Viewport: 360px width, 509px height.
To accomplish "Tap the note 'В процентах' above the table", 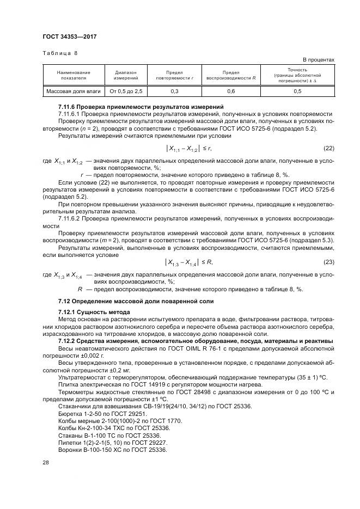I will [x=318, y=59].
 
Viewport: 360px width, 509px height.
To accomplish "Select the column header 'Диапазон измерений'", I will [x=126, y=75].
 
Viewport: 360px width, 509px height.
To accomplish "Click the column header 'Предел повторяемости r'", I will [x=174, y=75].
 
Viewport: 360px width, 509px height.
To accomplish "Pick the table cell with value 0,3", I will [x=174, y=91].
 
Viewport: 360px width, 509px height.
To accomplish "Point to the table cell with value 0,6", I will [x=231, y=91].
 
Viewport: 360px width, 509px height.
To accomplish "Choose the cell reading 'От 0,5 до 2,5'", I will [x=126, y=91].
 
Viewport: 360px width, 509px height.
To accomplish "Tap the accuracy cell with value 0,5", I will [x=297, y=91].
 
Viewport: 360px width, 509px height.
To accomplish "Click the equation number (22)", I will [x=328, y=148].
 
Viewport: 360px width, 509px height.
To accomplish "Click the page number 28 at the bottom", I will [x=46, y=462].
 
